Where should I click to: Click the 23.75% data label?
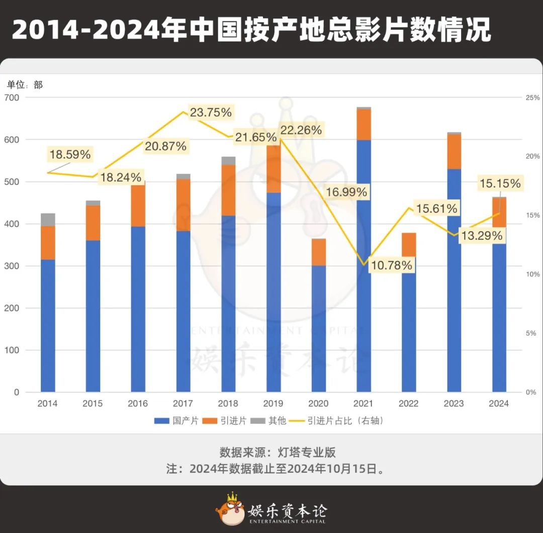click(x=210, y=113)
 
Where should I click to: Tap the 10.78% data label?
click(x=391, y=265)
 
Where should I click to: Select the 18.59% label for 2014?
click(x=70, y=154)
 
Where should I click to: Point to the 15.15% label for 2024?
click(x=500, y=184)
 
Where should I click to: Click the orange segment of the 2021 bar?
click(x=364, y=124)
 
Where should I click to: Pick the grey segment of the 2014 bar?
click(x=48, y=220)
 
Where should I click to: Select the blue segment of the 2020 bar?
click(x=318, y=328)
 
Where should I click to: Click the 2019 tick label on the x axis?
click(x=273, y=404)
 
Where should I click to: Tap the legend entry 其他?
click(x=269, y=421)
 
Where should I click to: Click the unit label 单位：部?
click(x=25, y=85)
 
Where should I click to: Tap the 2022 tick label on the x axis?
click(x=408, y=404)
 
